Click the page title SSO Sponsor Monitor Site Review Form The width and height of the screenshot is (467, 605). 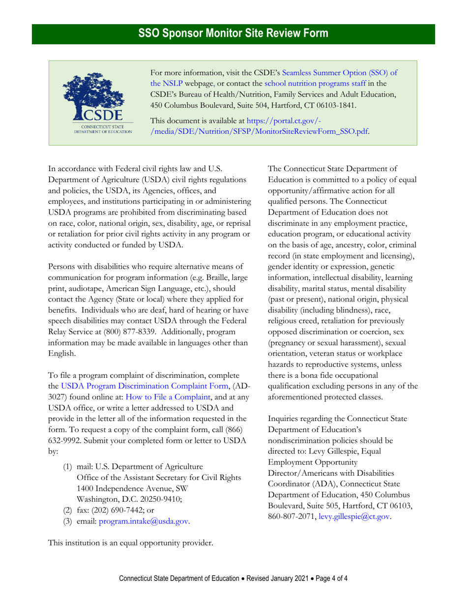233,34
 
